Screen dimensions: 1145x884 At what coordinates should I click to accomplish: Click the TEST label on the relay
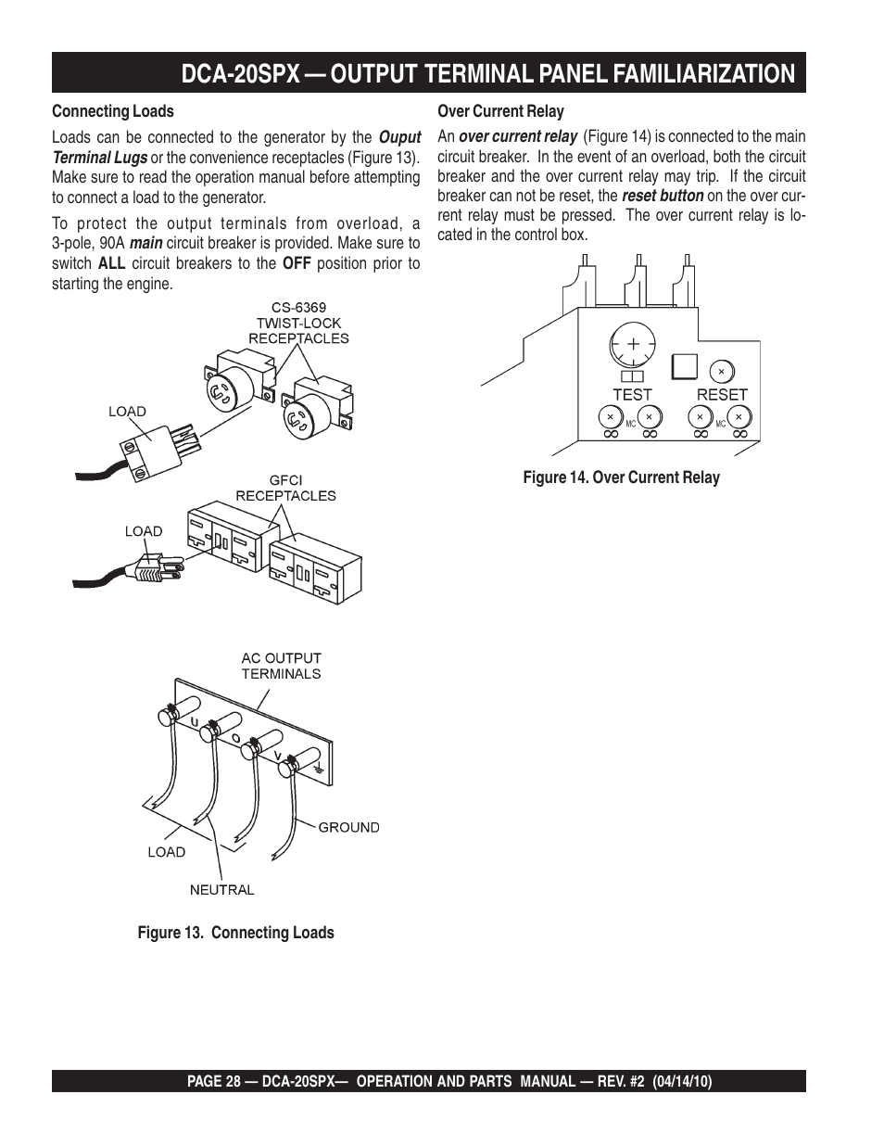[632, 394]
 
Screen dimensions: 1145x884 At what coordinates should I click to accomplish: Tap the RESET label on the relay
[722, 394]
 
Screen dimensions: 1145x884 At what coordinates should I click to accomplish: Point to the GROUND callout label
[348, 827]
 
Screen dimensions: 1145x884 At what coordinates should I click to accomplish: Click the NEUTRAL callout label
[221, 889]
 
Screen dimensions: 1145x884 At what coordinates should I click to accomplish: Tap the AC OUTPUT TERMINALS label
[281, 666]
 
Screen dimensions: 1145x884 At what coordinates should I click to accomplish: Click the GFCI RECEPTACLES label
[285, 488]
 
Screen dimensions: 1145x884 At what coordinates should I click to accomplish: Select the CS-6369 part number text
[298, 306]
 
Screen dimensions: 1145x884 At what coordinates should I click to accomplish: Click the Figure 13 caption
[235, 933]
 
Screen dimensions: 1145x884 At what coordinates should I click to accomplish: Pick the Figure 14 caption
[621, 477]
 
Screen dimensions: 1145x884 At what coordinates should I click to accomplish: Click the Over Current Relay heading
[500, 111]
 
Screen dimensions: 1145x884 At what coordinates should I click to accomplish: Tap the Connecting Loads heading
[112, 111]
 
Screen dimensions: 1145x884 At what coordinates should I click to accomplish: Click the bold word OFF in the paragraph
[296, 263]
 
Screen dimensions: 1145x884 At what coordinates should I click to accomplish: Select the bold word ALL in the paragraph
[111, 263]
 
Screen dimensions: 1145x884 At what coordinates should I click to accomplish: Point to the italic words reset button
[662, 196]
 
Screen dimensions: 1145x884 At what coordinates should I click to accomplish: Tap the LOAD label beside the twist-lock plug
[127, 412]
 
